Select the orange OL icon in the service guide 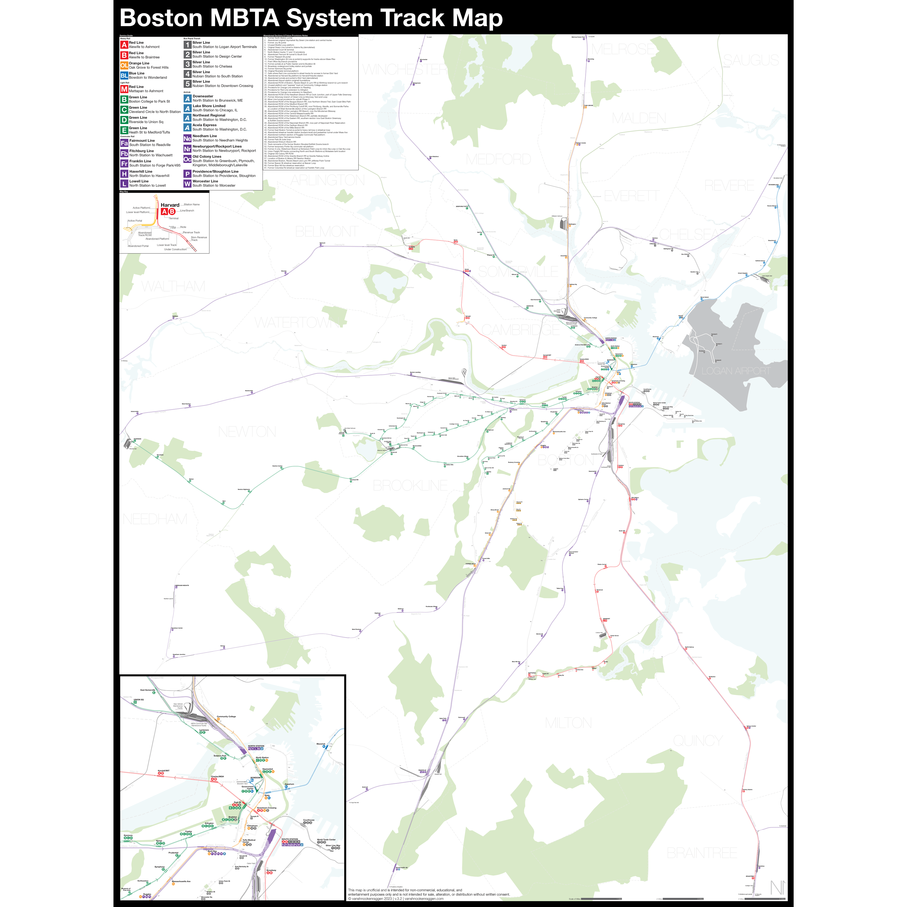[124, 65]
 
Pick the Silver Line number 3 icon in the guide [187, 64]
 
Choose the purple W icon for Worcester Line [187, 184]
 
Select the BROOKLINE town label [410, 485]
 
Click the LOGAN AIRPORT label [736, 371]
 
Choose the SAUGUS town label [751, 60]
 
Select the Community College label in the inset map [226, 716]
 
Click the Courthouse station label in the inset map [308, 820]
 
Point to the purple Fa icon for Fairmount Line [124, 143]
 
